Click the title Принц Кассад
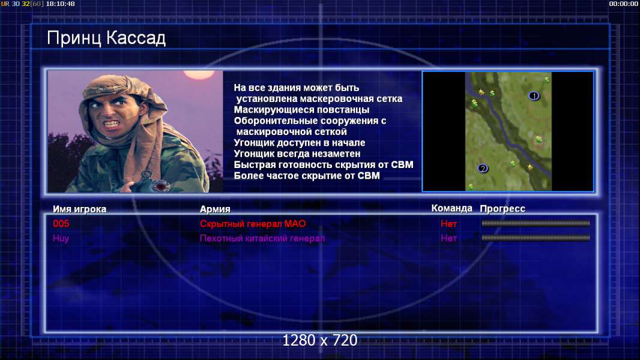pos(106,38)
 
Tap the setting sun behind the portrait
pos(199,74)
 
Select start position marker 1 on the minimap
pos(534,96)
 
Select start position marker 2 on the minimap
pos(483,169)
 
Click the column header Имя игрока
pos(80,209)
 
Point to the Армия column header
pos(215,209)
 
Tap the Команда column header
pos(452,208)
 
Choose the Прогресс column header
pos(503,209)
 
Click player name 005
pos(61,223)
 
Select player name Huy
pos(61,238)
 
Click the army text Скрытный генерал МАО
pos(253,223)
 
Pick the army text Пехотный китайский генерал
pos(262,238)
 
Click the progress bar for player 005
pos(536,223)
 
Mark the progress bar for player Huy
pos(536,238)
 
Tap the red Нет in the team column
pos(448,223)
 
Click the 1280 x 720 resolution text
pos(320,340)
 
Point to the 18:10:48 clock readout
pos(61,4)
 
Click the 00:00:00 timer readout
pos(624,4)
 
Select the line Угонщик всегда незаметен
pos(297,154)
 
